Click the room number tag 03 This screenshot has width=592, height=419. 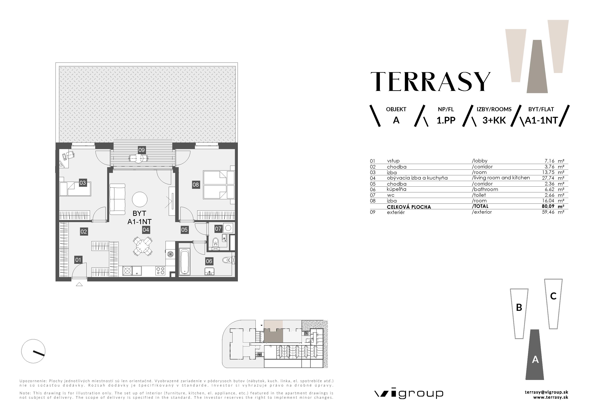coord(83,183)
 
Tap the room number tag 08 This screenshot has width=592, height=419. coord(196,185)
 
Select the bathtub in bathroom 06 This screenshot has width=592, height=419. coord(185,261)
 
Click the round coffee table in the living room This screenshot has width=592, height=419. coord(140,199)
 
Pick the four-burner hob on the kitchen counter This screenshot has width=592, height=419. coord(160,271)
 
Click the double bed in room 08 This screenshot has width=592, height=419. coord(219,185)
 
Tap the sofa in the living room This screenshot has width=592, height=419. coord(117,199)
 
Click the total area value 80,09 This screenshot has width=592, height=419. coord(548,206)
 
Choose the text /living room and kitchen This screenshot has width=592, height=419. coord(501,178)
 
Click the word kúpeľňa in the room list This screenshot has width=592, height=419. coord(397,189)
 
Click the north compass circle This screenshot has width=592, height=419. coord(33,351)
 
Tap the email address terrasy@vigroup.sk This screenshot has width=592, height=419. coord(546,392)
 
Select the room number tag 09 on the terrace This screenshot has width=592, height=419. coord(142,150)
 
